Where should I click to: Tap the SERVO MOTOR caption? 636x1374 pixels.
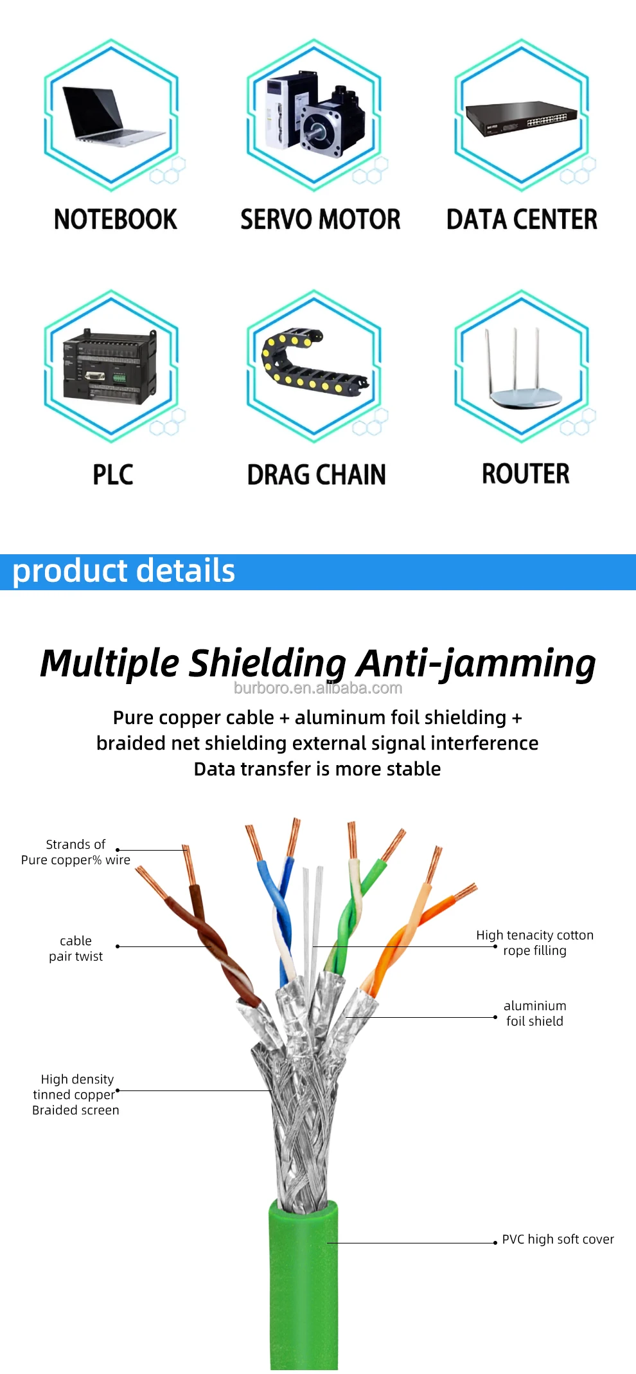click(320, 220)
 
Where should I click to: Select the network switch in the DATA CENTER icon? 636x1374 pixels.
click(521, 119)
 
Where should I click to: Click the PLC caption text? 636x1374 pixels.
click(113, 475)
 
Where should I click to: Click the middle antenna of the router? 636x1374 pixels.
click(514, 360)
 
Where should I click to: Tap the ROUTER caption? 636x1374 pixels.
click(526, 474)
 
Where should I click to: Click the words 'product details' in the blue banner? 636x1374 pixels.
click(124, 571)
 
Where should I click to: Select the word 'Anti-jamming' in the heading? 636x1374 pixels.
click(476, 664)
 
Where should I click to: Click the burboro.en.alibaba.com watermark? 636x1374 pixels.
click(318, 688)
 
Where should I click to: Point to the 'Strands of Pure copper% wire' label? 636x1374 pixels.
click(76, 852)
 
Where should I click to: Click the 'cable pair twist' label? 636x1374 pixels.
click(76, 948)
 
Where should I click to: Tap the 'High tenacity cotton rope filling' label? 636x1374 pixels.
click(534, 943)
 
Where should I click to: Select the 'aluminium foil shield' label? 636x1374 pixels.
click(534, 1013)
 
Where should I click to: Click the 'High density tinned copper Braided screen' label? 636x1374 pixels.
click(76, 1094)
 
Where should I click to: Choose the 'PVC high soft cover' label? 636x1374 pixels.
click(558, 1239)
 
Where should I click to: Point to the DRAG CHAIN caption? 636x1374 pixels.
click(317, 475)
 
